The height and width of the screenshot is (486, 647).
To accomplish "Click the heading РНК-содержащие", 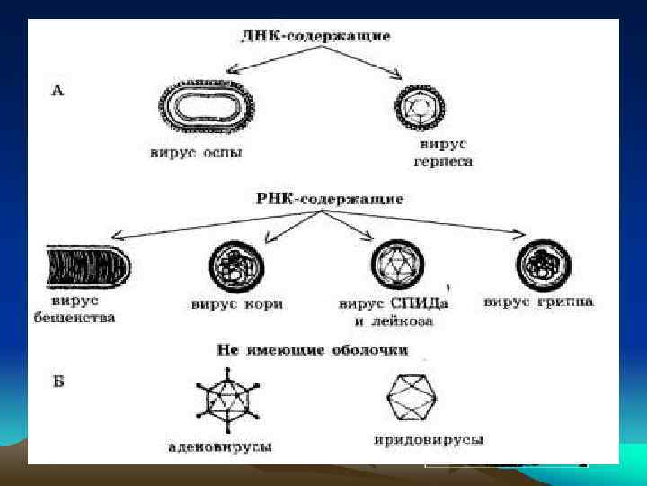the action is pos(315,197).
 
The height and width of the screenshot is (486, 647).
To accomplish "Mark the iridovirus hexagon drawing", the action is pos(412,397).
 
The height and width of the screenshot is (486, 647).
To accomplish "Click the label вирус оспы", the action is pos(195,153).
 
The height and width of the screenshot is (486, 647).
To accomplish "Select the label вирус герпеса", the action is pos(442,153).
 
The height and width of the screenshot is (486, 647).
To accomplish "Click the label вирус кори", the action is pos(238,303).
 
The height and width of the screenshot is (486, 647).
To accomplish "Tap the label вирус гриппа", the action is pos(538,301).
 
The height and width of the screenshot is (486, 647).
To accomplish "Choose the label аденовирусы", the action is pos(222,445).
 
